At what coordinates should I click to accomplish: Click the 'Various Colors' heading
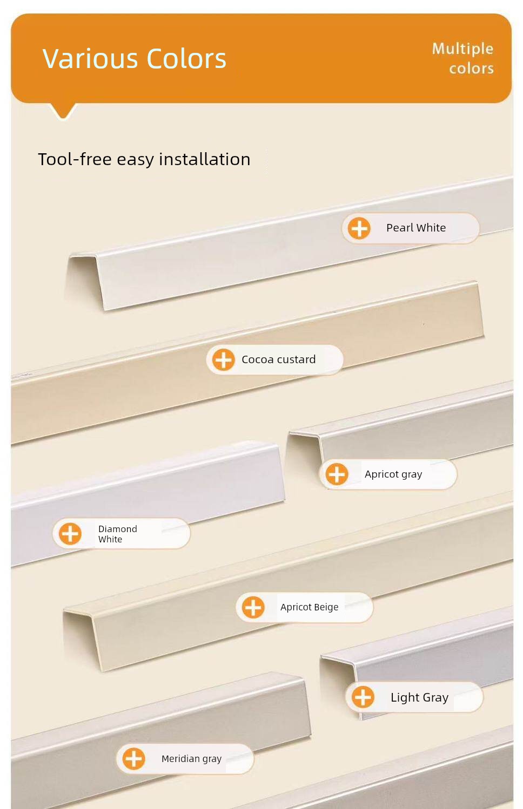[x=135, y=58]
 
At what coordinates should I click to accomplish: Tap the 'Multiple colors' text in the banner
[x=463, y=58]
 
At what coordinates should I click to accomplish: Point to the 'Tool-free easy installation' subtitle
[x=144, y=159]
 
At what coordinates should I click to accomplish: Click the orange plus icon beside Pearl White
[x=359, y=228]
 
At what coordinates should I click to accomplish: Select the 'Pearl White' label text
[x=416, y=228]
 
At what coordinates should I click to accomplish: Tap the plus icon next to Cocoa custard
[x=223, y=360]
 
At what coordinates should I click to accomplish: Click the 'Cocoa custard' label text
[x=279, y=360]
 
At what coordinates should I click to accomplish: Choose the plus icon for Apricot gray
[x=337, y=474]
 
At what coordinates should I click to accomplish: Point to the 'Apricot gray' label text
[x=393, y=474]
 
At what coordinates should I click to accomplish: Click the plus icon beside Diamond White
[x=70, y=533]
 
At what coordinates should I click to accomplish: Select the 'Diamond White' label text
[x=117, y=534]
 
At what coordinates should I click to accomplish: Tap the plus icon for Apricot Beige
[x=253, y=607]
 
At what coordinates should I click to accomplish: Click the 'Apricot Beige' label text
[x=310, y=608]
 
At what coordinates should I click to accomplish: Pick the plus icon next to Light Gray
[x=363, y=697]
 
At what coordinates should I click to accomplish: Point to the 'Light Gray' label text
[x=420, y=697]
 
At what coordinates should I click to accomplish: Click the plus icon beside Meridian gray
[x=134, y=758]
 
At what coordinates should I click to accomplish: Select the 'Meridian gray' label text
[x=192, y=759]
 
